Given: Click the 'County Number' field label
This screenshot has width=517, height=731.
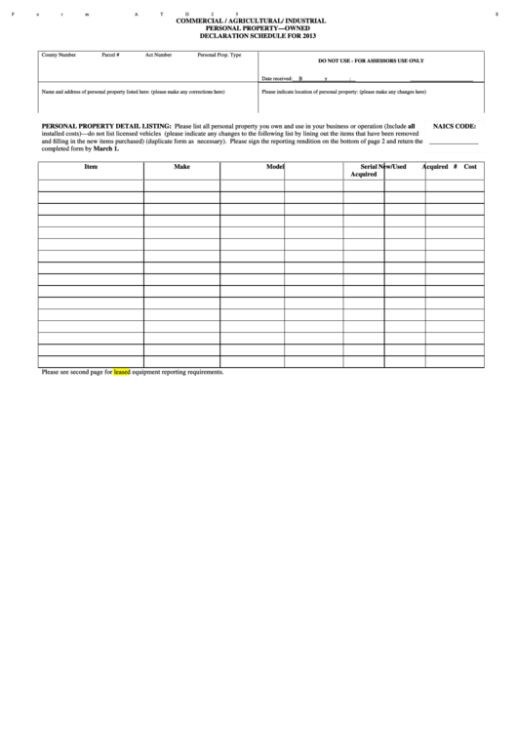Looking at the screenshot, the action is click(58, 56).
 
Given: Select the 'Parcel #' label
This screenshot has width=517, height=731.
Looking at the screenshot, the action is click(110, 56).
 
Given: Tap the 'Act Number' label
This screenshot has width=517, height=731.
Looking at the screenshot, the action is click(158, 56).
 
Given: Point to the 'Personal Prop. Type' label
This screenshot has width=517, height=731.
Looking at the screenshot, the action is click(219, 56).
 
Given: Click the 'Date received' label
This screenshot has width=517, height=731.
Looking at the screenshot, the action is click(277, 78).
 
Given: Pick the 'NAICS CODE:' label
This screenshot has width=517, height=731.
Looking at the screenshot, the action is click(454, 127).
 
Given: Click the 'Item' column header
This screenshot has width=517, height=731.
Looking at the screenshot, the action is click(91, 167).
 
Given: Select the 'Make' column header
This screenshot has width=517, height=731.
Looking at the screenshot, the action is click(181, 167).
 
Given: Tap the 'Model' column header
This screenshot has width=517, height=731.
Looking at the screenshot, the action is click(275, 167).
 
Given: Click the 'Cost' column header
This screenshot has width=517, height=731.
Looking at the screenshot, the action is click(470, 167).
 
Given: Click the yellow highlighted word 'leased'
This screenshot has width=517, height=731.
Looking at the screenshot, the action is click(122, 372).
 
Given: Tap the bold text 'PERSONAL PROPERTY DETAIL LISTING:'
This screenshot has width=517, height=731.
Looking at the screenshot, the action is click(105, 127).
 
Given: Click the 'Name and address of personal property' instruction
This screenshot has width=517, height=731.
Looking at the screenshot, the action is click(133, 91).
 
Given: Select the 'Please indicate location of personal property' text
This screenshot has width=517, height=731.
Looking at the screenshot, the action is click(343, 91).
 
